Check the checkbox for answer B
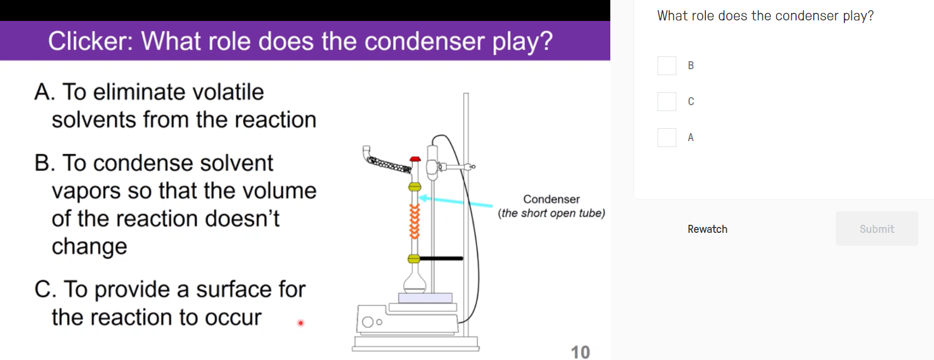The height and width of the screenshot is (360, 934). point(667,65)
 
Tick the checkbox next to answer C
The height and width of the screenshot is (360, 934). point(667,101)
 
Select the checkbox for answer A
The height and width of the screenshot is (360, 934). point(667,137)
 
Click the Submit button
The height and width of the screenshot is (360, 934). point(877,229)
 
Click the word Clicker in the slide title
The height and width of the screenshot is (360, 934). point(90,41)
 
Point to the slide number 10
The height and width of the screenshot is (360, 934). point(580,352)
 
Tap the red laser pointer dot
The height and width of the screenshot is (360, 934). point(301,323)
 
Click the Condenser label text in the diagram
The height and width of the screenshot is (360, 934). point(551,199)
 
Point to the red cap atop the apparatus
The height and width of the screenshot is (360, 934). point(415,159)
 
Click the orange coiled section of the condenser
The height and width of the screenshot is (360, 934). point(414,221)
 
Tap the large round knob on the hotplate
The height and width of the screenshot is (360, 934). point(368,322)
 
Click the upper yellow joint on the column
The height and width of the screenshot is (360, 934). point(414,187)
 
